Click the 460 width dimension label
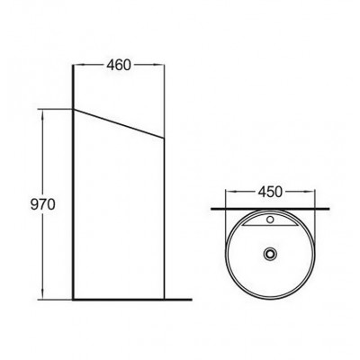pyautogui.click(x=119, y=65)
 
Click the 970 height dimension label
pyautogui.click(x=43, y=204)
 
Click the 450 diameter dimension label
pyautogui.click(x=270, y=192)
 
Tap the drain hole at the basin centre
pyautogui.click(x=270, y=254)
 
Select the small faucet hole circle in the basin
pyautogui.click(x=270, y=220)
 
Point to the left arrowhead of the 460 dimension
pyautogui.click(x=78, y=65)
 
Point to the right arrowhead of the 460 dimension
pyautogui.click(x=159, y=65)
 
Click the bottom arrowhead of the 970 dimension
pyautogui.click(x=43, y=294)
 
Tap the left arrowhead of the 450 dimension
pyautogui.click(x=230, y=192)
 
